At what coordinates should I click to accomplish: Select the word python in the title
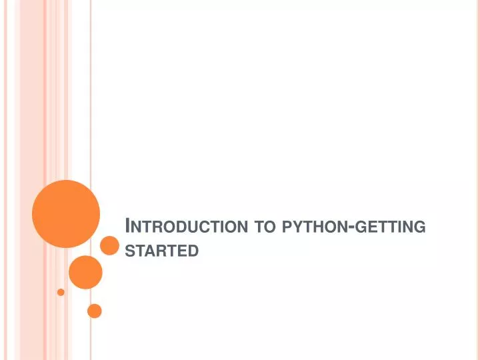tap(315, 227)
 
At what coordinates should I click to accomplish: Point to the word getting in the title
tap(390, 227)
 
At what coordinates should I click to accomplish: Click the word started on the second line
tap(163, 251)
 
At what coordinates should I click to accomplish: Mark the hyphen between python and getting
tap(351, 227)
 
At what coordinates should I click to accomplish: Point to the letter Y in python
tap(297, 227)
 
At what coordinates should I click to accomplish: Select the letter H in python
tap(319, 227)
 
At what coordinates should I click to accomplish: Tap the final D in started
tap(194, 251)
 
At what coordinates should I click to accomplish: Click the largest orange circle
tap(66, 213)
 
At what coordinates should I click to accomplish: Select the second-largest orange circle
tap(85, 272)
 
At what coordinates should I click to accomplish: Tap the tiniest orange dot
tap(61, 292)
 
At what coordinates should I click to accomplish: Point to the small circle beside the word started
tap(109, 245)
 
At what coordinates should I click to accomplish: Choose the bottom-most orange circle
tap(95, 311)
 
